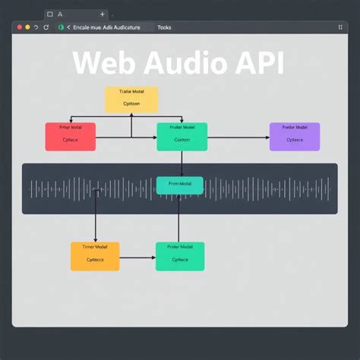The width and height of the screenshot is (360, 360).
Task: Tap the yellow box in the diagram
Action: (x=131, y=99)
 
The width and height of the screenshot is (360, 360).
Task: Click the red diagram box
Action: (x=71, y=136)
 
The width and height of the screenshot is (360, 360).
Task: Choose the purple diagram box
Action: (x=295, y=136)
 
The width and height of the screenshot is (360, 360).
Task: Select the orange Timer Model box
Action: (x=96, y=256)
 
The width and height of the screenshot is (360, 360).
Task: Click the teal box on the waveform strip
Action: (x=180, y=185)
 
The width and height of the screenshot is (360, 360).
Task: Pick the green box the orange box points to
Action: (x=180, y=256)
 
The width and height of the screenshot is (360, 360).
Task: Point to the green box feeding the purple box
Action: (x=182, y=136)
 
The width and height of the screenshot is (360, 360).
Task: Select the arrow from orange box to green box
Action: (x=137, y=257)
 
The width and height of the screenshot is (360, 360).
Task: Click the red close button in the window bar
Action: (x=18, y=27)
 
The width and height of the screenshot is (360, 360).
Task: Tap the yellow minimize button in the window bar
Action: (x=27, y=27)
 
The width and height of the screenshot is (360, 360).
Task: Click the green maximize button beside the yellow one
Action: (x=36, y=27)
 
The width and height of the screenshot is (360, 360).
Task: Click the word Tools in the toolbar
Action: (x=164, y=27)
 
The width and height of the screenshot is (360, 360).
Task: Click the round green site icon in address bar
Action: (x=62, y=27)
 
